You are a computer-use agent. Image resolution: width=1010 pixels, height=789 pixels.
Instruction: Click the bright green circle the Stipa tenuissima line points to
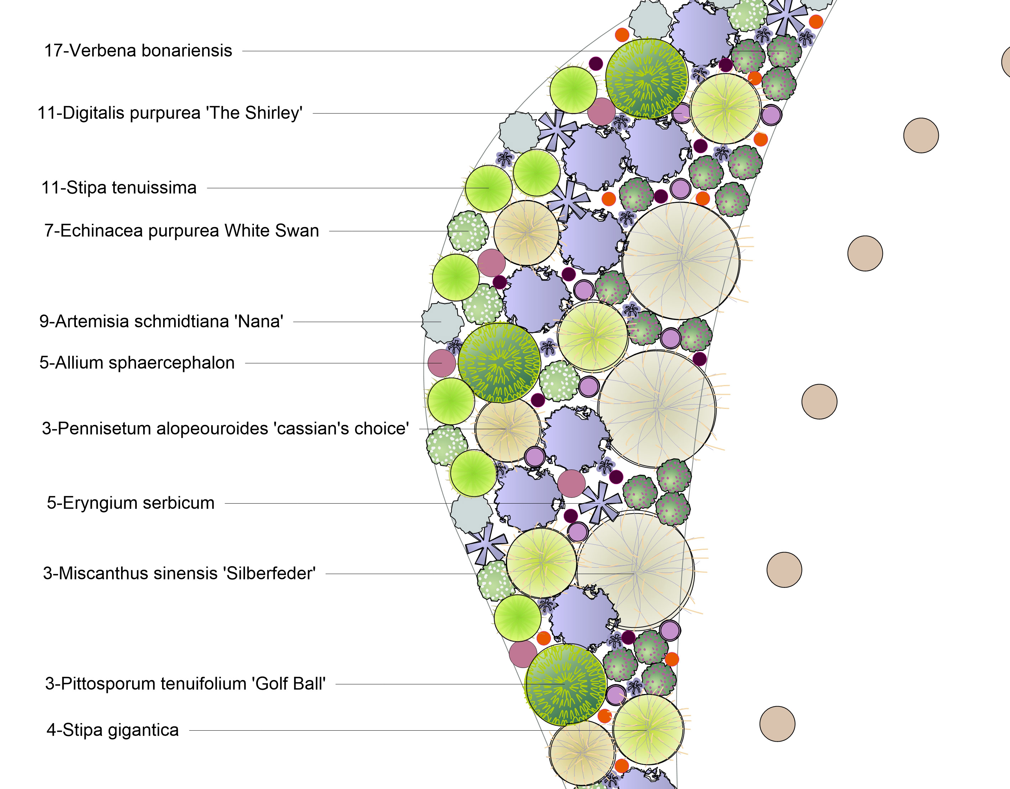point(488,189)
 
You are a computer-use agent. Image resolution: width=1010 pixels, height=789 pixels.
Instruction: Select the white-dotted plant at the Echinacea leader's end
point(468,231)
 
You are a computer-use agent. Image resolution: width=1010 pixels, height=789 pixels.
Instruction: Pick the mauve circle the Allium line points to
point(442,363)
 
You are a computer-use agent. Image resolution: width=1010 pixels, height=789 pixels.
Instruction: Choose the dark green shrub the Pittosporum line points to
point(566,684)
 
